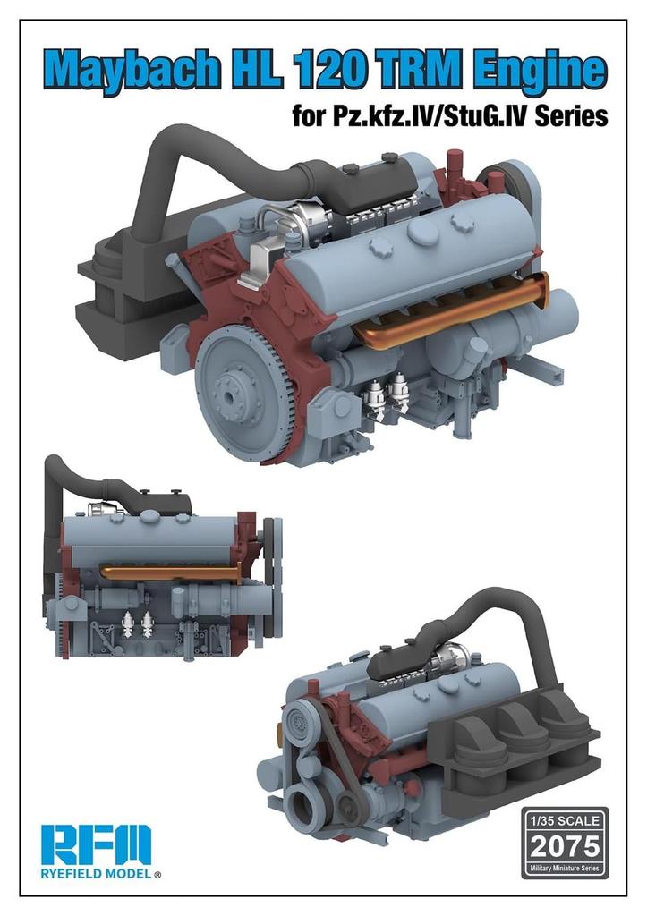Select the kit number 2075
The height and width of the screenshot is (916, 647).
564,845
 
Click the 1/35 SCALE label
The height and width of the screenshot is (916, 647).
564,821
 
